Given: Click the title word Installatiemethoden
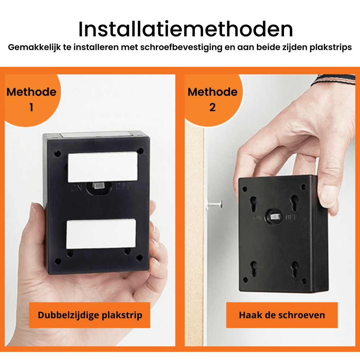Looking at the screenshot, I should click(x=185, y=30).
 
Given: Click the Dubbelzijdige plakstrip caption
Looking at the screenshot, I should click(x=90, y=315).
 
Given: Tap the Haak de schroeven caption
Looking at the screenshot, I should click(x=282, y=315).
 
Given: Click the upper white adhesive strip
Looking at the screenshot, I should click(x=103, y=167).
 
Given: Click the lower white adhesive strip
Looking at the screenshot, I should click(x=102, y=234).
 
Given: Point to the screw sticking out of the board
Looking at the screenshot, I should click(x=215, y=204).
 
